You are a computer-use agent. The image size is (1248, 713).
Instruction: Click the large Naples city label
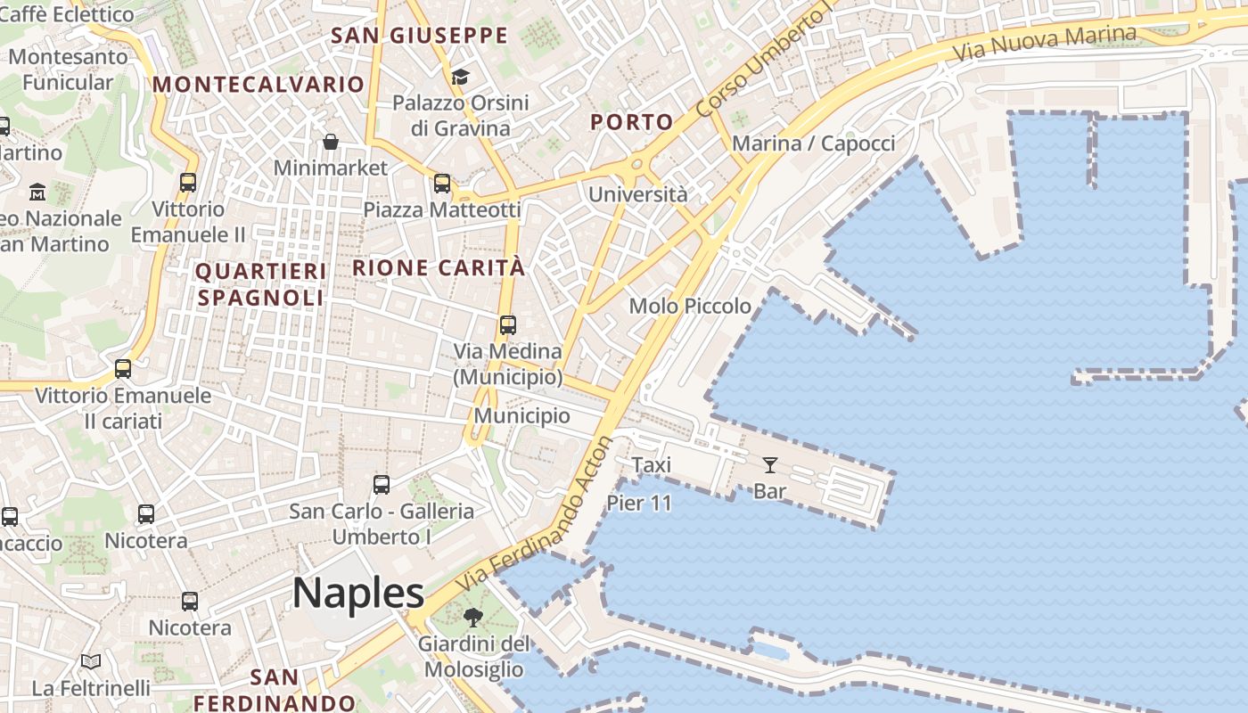pyautogui.click(x=358, y=593)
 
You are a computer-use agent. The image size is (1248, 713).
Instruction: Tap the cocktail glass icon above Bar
pyautogui.click(x=770, y=464)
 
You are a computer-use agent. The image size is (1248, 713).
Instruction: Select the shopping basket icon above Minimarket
pyautogui.click(x=331, y=142)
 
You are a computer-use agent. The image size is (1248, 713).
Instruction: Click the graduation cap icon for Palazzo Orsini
pyautogui.click(x=460, y=77)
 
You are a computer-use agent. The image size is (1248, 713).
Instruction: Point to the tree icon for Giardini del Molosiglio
pyautogui.click(x=473, y=617)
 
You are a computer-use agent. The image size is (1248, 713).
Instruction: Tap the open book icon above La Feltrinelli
pyautogui.click(x=91, y=661)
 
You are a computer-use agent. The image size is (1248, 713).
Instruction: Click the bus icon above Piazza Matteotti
pyautogui.click(x=442, y=184)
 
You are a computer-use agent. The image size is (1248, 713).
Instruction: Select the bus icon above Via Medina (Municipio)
pyautogui.click(x=508, y=324)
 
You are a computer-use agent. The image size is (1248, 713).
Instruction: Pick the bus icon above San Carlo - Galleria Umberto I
pyautogui.click(x=382, y=485)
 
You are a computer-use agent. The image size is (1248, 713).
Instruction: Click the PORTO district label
pyautogui.click(x=632, y=123)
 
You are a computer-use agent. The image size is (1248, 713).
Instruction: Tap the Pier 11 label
pyautogui.click(x=639, y=503)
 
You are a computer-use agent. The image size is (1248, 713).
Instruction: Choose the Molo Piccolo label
pyautogui.click(x=690, y=306)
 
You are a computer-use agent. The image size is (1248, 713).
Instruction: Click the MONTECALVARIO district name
pyautogui.click(x=259, y=85)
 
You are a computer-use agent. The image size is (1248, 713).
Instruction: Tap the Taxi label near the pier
pyautogui.click(x=652, y=464)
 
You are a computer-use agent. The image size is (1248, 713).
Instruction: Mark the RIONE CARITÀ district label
pyautogui.click(x=439, y=267)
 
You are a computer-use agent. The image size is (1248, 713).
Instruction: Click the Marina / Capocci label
pyautogui.click(x=813, y=143)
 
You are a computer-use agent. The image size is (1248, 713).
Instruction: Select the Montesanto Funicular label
pyautogui.click(x=68, y=70)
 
